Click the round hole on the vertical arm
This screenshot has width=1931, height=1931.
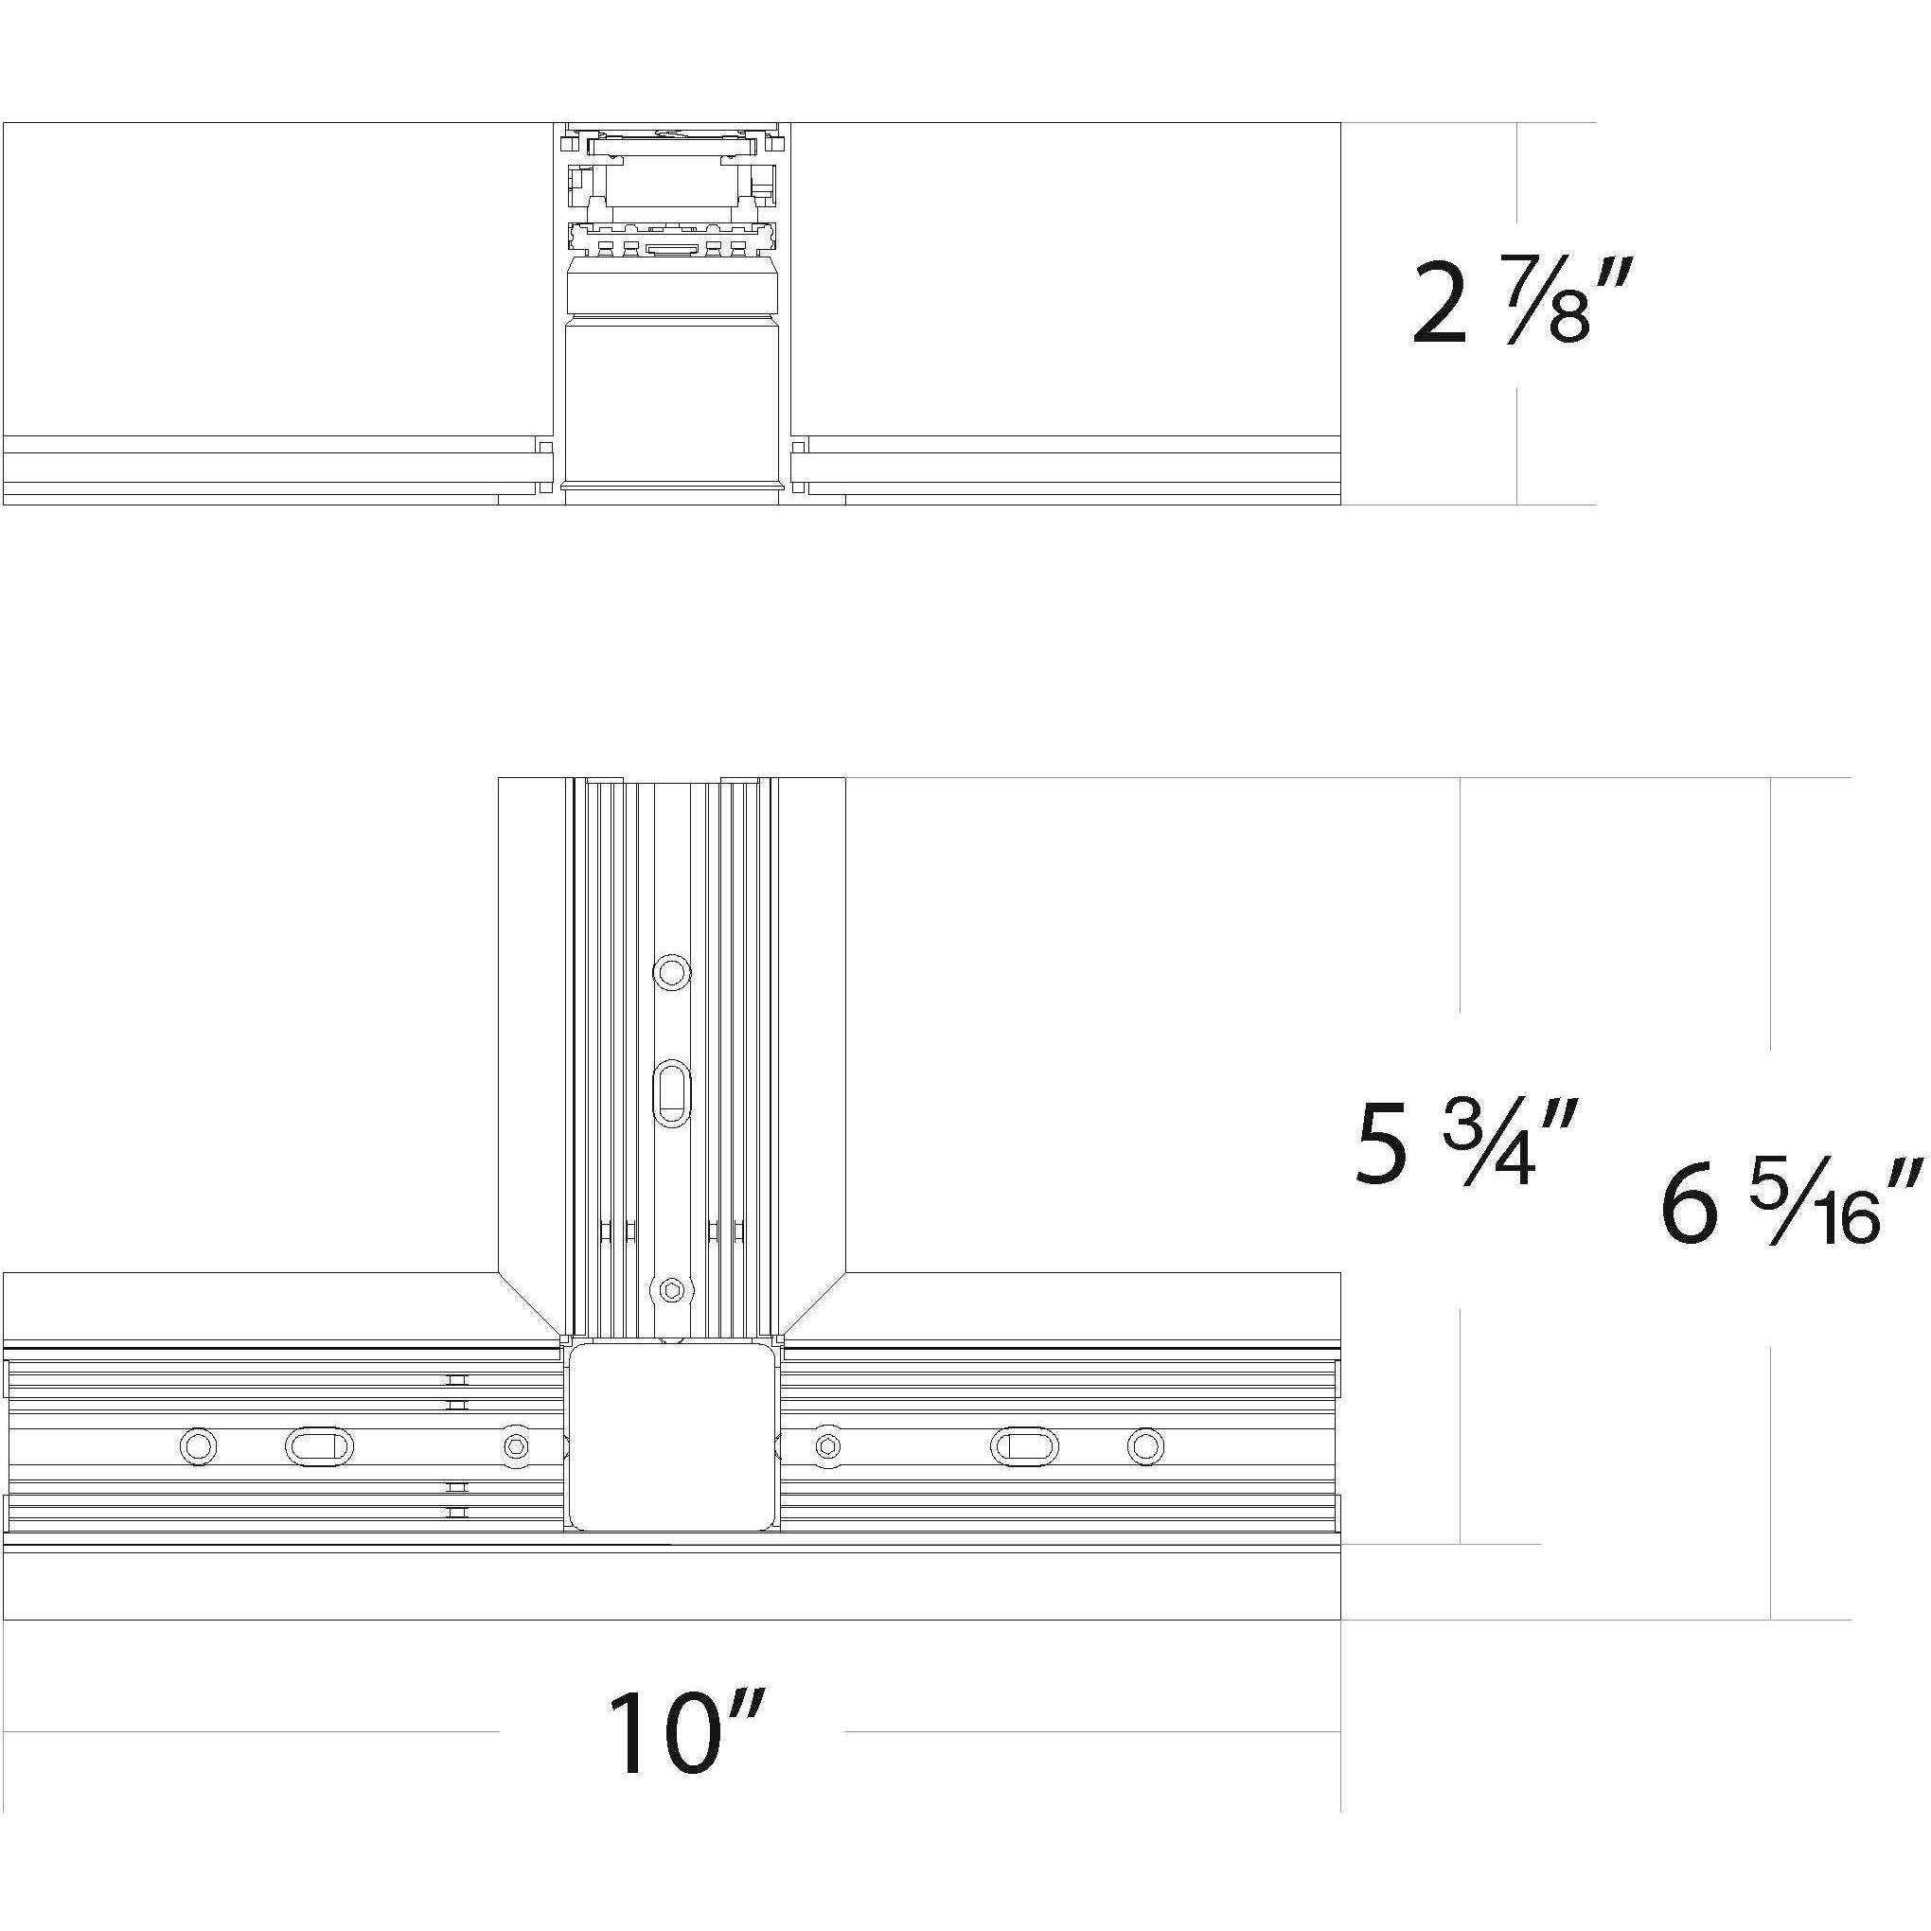point(671,970)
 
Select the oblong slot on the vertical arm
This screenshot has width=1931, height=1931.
point(671,1093)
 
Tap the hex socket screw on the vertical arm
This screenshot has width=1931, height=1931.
point(671,1291)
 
